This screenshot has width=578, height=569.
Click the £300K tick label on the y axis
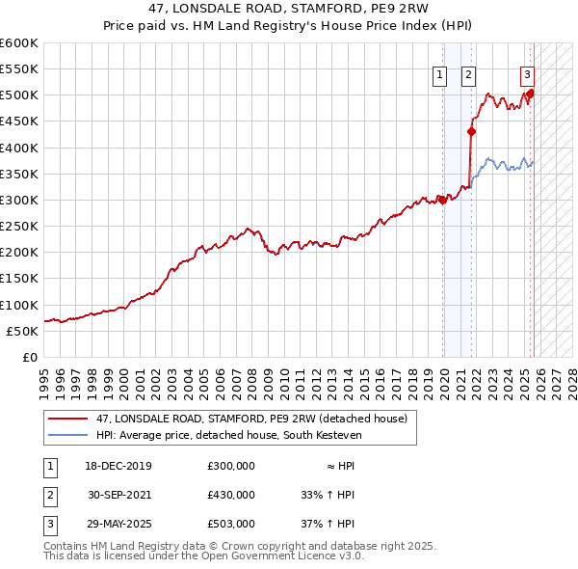click(19, 200)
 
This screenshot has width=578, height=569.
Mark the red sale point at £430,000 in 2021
click(471, 132)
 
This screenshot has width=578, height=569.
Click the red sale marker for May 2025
click(530, 94)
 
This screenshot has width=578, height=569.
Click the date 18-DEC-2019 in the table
click(118, 465)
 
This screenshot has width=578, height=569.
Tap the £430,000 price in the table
click(231, 494)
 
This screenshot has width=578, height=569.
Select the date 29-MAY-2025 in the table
click(118, 524)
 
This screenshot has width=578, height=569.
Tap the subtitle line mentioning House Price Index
click(288, 27)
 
